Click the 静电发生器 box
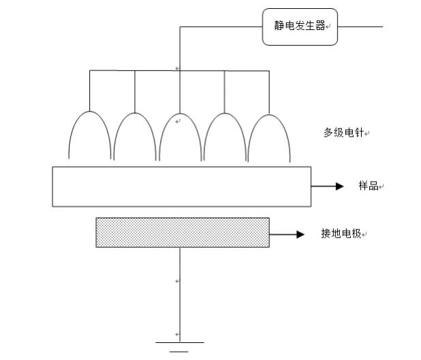[x=300, y=27]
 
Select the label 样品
[x=368, y=186]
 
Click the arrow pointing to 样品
[x=328, y=186]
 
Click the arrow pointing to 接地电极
[x=286, y=234]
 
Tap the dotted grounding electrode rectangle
[x=182, y=232]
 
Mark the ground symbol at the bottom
[x=179, y=347]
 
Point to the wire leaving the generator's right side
[x=361, y=27]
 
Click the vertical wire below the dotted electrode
[x=180, y=293]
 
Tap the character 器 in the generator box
[x=320, y=27]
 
